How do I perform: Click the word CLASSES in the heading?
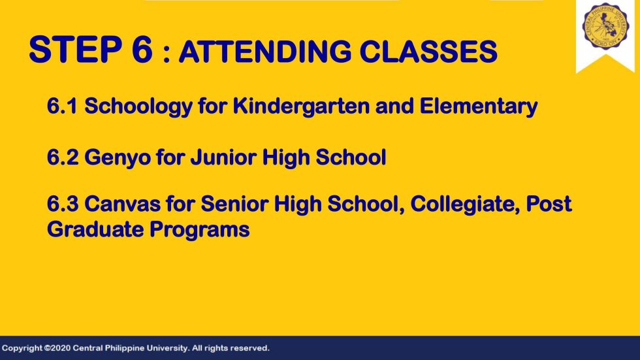coord(428,52)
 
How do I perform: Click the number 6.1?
coord(62,106)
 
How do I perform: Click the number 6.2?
coord(63,157)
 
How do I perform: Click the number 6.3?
coord(63,204)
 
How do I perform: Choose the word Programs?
coord(199,231)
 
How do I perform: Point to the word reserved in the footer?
coord(249,348)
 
